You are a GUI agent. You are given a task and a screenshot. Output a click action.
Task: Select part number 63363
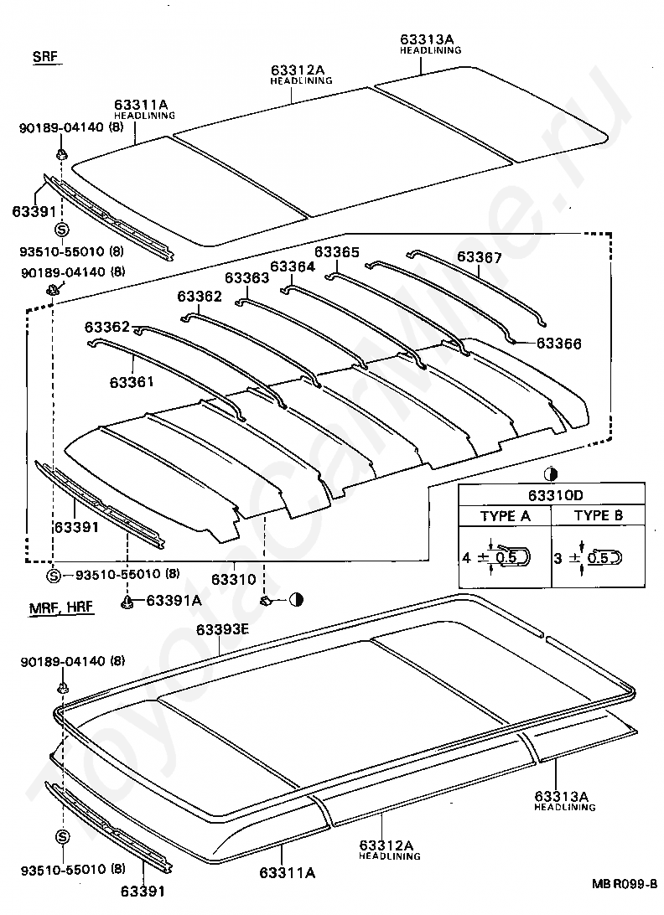246,277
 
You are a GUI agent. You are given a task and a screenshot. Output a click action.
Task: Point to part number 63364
292,266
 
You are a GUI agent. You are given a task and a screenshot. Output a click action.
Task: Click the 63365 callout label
337,251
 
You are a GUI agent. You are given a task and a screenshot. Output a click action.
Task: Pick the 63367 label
480,258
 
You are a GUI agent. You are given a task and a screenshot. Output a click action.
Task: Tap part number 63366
558,344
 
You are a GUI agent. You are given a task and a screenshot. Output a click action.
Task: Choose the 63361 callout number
131,382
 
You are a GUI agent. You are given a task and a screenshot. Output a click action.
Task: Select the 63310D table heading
551,494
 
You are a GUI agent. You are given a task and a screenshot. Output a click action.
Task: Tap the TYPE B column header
598,515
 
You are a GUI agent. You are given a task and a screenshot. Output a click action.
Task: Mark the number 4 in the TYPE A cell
466,556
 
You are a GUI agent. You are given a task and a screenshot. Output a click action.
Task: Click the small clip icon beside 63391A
129,601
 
